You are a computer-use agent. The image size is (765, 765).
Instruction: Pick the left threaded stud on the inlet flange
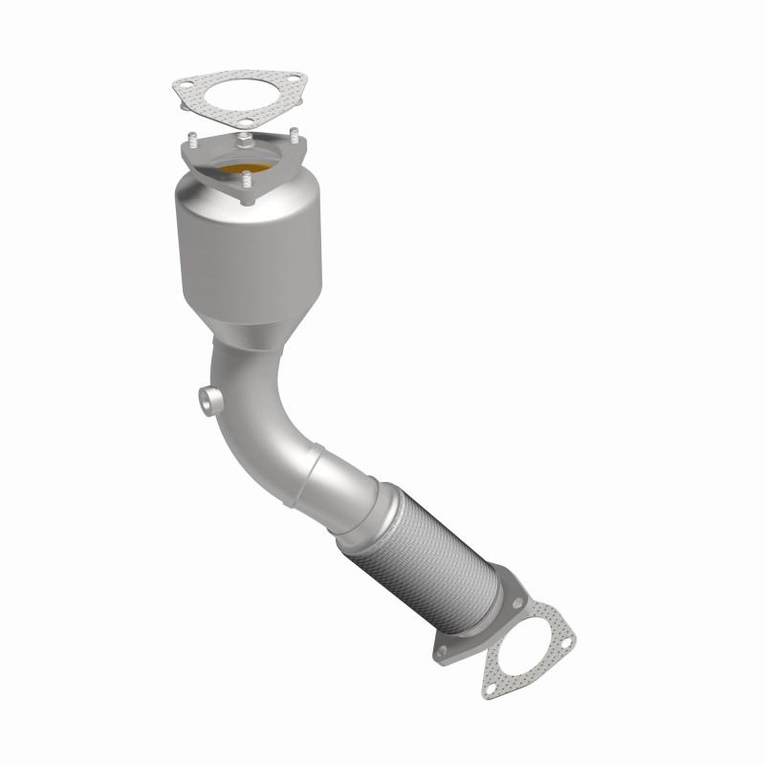click(192, 140)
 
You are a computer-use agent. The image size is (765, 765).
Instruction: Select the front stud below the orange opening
click(245, 178)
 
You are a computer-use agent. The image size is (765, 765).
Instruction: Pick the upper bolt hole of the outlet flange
click(517, 604)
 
